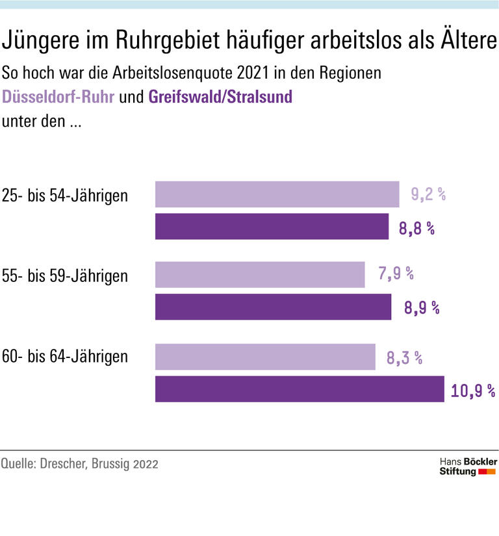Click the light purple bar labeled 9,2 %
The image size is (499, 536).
pos(277,194)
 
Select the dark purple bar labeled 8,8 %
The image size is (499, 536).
pos(272,227)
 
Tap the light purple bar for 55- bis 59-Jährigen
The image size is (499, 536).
pos(260,274)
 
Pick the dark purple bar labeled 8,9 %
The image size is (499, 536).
pos(273,307)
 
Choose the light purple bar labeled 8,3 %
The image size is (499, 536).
pos(265,357)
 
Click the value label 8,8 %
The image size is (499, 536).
pos(416,228)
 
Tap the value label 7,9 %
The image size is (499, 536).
pos(396,274)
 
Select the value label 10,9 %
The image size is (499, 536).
pos(472,390)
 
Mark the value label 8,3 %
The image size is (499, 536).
pos(405,357)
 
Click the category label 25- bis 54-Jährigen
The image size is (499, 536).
pos(65,196)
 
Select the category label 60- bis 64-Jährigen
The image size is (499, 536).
pos(65,357)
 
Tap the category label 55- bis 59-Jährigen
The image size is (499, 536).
pos(65,276)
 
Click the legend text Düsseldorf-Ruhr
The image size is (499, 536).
pos(59,97)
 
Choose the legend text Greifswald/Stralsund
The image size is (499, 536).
pos(220,97)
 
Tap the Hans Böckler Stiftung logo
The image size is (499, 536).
pos(468,466)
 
